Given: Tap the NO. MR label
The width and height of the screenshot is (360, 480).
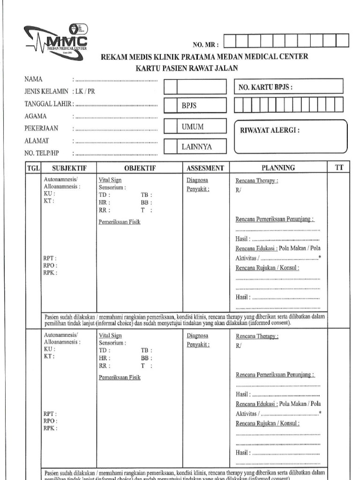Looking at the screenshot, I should (x=206, y=45).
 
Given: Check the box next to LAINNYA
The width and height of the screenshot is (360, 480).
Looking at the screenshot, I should (x=171, y=147).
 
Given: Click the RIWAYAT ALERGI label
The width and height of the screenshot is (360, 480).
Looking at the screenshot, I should (x=270, y=131).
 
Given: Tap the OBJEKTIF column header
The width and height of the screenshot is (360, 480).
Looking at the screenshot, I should (x=140, y=168).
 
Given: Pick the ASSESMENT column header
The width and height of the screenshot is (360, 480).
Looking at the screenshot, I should (x=205, y=168).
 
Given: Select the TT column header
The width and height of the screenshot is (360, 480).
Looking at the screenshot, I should (x=339, y=167).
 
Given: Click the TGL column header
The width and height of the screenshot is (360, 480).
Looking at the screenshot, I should (x=34, y=168).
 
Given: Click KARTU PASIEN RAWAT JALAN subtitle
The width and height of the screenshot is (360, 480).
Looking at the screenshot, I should (x=187, y=68).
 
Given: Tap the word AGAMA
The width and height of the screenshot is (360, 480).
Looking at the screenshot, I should (x=34, y=116).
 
